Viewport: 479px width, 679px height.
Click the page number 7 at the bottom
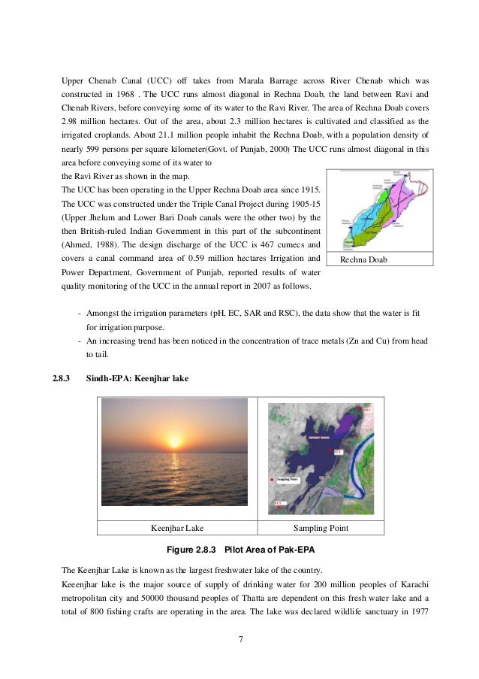(239, 640)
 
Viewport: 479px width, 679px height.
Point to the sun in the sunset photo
(173, 439)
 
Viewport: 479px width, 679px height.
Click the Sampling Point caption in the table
(321, 528)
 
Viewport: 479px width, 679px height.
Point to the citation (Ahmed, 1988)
(87, 244)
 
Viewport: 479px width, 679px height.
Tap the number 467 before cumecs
(253, 244)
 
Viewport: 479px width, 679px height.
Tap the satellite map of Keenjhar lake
(321, 455)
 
